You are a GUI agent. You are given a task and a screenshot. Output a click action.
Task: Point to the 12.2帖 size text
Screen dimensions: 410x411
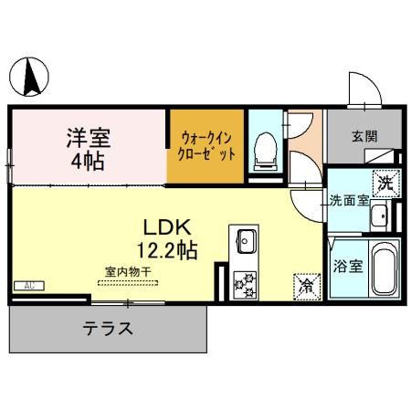(x=165, y=247)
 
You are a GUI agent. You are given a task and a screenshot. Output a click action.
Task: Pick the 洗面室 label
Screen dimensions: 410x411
(x=349, y=201)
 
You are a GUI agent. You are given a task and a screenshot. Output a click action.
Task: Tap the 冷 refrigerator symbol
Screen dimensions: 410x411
(x=305, y=285)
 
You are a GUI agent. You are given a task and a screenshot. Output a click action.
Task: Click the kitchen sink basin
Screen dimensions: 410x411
(x=247, y=242)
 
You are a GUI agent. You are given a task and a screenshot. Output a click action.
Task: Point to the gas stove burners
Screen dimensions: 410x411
(x=245, y=286)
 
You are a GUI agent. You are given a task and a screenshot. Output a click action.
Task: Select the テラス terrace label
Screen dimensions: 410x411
(x=109, y=328)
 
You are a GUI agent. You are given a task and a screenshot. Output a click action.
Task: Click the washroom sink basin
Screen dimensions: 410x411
(x=380, y=216)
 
